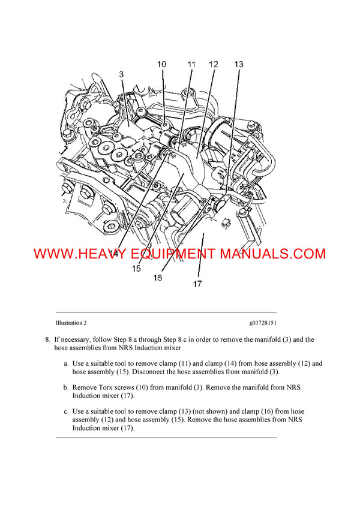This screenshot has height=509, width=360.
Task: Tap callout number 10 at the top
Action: point(162,64)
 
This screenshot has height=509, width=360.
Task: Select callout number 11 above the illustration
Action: point(191,64)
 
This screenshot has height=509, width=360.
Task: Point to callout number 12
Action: point(214,64)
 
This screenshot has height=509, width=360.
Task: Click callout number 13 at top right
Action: point(238,64)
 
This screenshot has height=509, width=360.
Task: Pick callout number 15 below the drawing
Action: point(137,269)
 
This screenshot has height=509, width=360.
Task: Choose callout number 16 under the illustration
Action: point(157,278)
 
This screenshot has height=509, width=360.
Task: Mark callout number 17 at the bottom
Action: point(197,284)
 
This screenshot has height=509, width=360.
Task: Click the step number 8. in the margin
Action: point(49,340)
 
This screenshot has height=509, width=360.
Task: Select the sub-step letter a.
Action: point(66,364)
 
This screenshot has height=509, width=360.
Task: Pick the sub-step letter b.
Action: point(66,388)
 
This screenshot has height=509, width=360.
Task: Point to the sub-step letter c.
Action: point(66,412)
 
